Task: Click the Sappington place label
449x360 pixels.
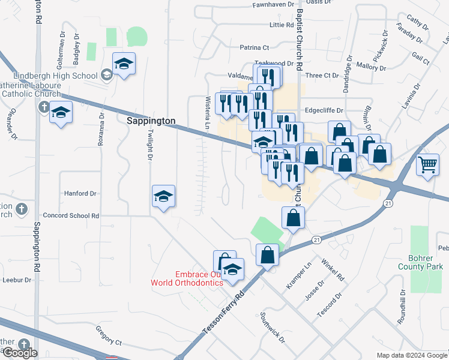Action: [151, 121]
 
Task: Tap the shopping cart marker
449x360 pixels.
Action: [427, 163]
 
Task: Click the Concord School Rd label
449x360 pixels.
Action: [70, 215]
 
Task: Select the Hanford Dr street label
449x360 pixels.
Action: [80, 194]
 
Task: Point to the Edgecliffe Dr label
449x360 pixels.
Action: [324, 110]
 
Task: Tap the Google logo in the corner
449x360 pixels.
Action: [19, 353]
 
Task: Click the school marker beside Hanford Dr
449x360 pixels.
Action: [163, 197]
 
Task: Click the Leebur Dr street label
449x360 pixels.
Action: [16, 280]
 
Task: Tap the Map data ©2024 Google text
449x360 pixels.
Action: [411, 355]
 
